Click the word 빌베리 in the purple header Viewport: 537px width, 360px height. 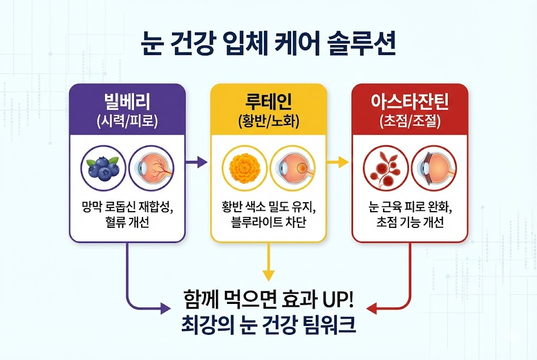tap(127, 101)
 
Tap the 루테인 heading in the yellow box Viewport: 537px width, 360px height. tap(268, 101)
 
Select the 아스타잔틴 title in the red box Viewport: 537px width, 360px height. tap(410, 101)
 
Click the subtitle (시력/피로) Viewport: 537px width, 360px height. tap(127, 122)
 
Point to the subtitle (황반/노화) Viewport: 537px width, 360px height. tap(268, 122)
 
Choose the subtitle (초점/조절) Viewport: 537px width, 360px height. tap(410, 122)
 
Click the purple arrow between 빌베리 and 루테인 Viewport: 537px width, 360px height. tap(197, 163)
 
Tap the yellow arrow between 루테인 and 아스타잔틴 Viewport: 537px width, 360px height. tap(339, 163)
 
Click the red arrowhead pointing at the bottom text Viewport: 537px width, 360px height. tap(371, 309)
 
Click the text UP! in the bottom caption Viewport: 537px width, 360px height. tap(335, 301)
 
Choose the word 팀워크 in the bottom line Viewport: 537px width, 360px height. tap(329, 326)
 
